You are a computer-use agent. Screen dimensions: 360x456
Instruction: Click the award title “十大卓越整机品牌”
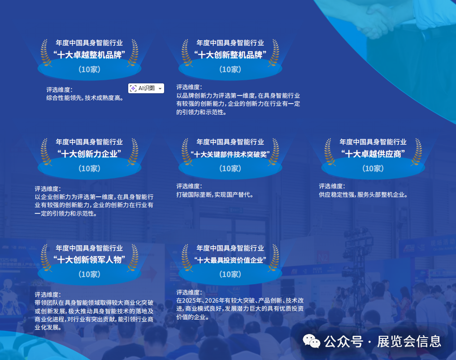(89, 55)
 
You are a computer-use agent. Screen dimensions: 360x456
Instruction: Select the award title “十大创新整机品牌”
(230, 55)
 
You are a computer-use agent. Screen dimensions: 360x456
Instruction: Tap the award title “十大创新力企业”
(89, 154)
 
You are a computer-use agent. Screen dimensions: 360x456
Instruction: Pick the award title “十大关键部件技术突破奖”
(230, 155)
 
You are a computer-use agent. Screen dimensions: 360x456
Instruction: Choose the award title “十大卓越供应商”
(373, 154)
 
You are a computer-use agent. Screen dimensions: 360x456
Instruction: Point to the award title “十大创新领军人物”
(89, 260)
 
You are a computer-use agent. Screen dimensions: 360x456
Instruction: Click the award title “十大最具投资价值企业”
(230, 260)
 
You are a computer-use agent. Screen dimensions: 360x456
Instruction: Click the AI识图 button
(143, 88)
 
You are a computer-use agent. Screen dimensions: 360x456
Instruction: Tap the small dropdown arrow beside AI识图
(160, 89)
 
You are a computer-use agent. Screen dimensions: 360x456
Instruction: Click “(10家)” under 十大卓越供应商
(373, 169)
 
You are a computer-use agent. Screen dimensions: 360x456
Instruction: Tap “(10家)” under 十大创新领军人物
(89, 274)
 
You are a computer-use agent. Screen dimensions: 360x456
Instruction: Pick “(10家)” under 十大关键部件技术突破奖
(230, 169)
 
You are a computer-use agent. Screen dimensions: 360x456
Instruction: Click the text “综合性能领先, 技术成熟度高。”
(85, 98)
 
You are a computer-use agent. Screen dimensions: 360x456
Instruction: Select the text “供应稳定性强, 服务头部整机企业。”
(363, 195)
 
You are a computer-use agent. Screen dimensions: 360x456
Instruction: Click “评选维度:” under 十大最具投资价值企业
(189, 292)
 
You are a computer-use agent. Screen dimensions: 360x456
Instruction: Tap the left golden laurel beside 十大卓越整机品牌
(44, 53)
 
